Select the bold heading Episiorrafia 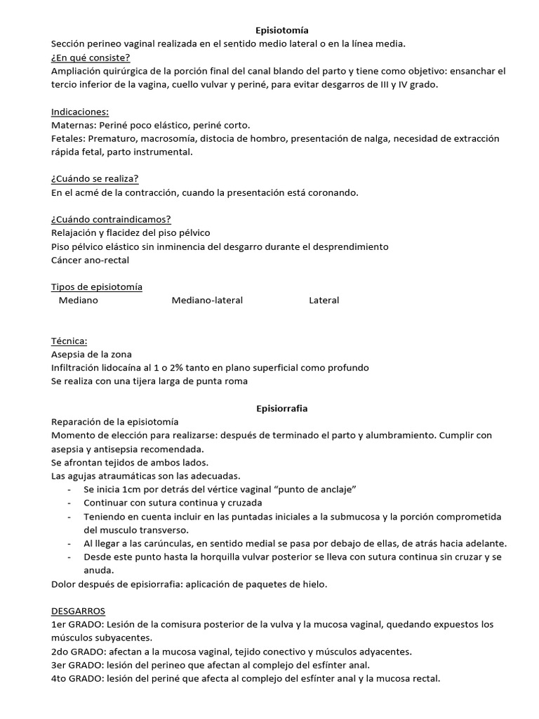[280, 408]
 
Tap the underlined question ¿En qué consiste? [91, 58]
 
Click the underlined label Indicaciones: [80, 112]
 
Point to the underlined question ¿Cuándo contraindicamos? [111, 219]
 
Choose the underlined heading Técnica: [69, 341]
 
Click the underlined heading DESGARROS [78, 612]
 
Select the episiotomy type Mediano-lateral [207, 300]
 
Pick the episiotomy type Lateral [324, 300]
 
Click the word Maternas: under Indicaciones [74, 125]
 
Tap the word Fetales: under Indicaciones [69, 138]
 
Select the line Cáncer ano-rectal [91, 260]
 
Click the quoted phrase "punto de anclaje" [317, 489]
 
